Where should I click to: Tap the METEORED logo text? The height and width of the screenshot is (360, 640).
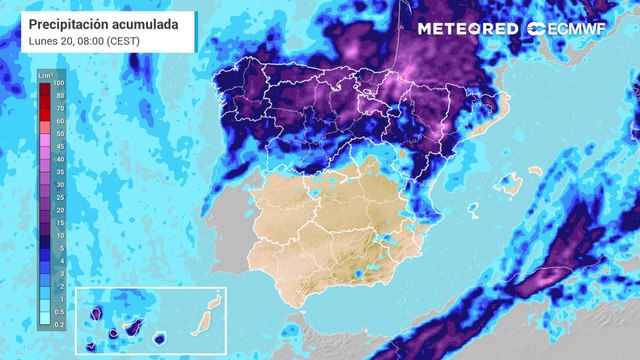pos(467,29)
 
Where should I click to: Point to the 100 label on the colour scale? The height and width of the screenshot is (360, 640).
pos(59,84)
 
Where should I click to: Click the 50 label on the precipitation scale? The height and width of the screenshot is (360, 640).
pos(59,133)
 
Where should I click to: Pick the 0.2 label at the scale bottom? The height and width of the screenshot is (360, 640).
pos(59,325)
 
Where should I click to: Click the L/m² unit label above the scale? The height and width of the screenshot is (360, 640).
pos(45,75)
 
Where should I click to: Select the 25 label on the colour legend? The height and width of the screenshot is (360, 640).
pos(59,195)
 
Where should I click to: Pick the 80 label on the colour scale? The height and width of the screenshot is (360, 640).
pos(59,96)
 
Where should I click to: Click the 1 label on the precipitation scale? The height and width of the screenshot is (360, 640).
pos(59,299)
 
